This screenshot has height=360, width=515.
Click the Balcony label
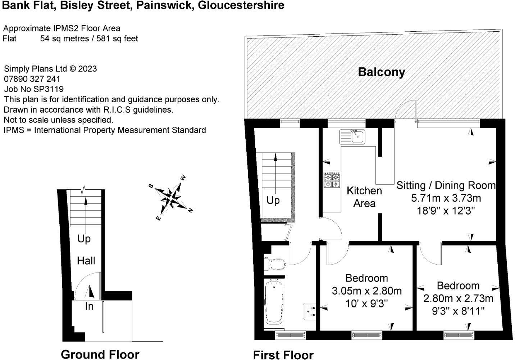coord(381,72)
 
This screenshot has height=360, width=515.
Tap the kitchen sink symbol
coord(352,136)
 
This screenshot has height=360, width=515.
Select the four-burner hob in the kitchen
coord(332,180)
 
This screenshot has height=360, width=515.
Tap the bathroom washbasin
coord(310,311)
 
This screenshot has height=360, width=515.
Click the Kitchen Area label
coord(364,197)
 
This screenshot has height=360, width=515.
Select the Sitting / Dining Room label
coord(446,185)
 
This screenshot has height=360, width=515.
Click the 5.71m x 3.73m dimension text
coord(446,198)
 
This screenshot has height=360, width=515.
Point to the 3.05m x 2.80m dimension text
coord(366,291)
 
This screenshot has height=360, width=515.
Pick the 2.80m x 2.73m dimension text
coord(458,298)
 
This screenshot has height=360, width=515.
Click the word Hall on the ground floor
coord(86,261)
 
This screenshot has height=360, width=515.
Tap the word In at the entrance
coord(89,306)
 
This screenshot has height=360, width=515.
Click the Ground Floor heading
coord(100,354)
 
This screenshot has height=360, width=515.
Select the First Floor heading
coord(283,355)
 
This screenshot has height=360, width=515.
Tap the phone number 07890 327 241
coord(32,79)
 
